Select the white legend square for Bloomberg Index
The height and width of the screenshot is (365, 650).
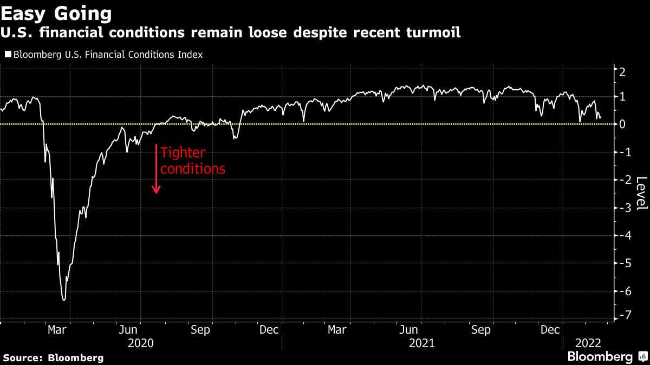pos(8,55)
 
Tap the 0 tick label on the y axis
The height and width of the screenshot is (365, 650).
pos(623,124)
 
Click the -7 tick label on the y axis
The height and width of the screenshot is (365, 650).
pos(623,315)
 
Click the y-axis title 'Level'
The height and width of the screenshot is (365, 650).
pos(641,194)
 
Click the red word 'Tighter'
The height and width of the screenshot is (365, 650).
pos(184,153)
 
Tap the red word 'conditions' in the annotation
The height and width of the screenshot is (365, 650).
pos(193,169)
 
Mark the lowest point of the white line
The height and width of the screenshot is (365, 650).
pos(64,300)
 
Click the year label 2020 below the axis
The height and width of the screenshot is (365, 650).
pos(140,343)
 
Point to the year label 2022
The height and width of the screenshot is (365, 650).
pos(587,343)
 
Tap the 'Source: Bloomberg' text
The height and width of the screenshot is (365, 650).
pos(53,357)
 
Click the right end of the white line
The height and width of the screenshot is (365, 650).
pos(600,117)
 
